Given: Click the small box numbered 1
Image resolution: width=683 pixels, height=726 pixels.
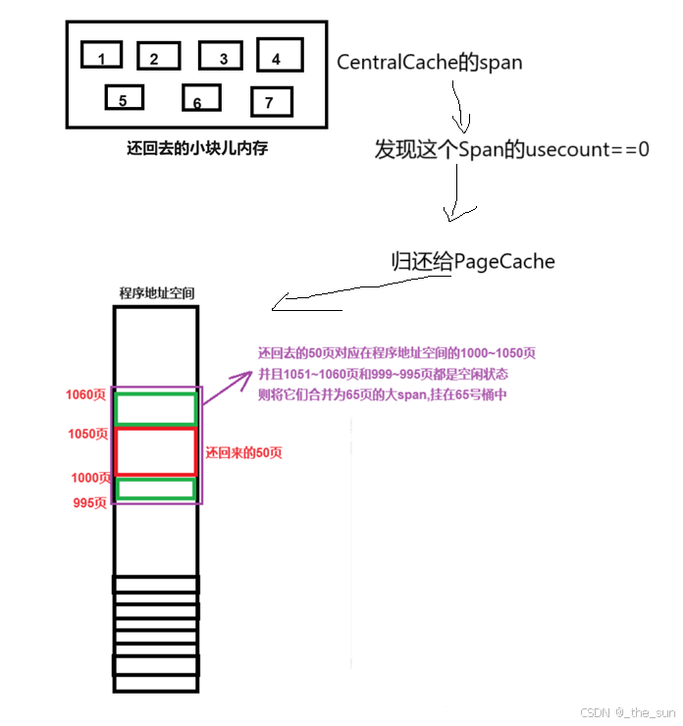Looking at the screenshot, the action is (x=101, y=55).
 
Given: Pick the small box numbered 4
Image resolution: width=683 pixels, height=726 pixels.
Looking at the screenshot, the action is (x=279, y=55).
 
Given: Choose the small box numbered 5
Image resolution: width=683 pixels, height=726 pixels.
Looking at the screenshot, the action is (x=125, y=98).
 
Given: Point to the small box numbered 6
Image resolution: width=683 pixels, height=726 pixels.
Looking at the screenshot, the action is (x=200, y=99).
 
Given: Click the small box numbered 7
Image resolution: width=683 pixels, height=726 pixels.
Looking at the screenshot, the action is (x=272, y=101).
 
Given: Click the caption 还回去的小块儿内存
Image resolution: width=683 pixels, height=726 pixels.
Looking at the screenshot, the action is (x=197, y=149).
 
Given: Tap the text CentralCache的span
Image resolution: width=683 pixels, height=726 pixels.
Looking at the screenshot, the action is (x=429, y=62).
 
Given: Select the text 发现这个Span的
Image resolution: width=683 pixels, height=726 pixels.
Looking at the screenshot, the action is (x=447, y=150).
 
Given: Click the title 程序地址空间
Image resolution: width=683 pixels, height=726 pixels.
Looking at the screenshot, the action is (x=157, y=293).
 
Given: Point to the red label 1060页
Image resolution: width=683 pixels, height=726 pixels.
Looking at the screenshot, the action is (x=86, y=395).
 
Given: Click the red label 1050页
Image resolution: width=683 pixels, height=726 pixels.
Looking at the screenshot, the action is (x=87, y=434).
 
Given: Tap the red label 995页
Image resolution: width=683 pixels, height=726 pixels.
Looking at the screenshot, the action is (x=90, y=502).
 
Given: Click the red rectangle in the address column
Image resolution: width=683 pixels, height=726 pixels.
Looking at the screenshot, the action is (x=156, y=451).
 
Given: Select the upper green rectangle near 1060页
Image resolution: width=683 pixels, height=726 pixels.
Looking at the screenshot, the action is (x=156, y=408).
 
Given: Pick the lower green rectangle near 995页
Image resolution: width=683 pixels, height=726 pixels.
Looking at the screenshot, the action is (x=156, y=489).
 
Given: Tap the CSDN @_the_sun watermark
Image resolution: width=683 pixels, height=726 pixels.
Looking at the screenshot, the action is (x=628, y=712).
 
